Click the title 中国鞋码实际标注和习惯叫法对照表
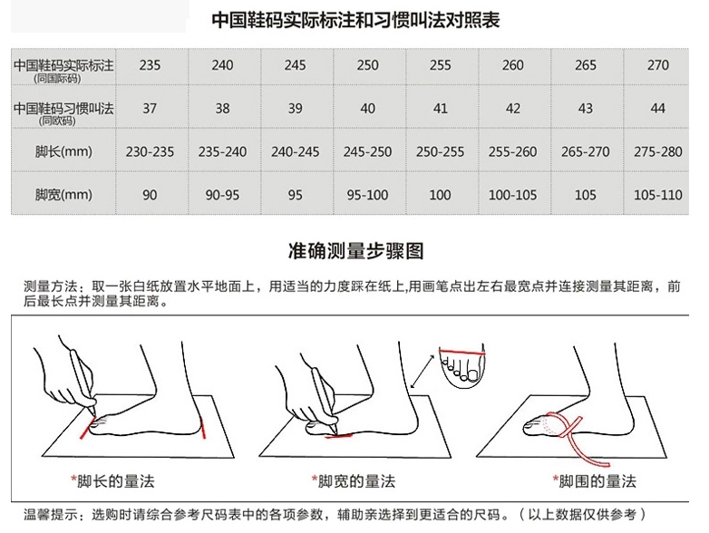coord(355,20)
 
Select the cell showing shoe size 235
coord(150,65)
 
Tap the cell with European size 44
coord(658,109)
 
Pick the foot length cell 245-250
coord(367,152)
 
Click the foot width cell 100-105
coord(512,195)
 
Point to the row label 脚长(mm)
coord(63,151)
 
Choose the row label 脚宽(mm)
coord(63,195)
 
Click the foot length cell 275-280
coord(658,152)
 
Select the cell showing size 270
coord(658,65)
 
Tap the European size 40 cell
coord(367,109)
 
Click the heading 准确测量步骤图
coord(355,251)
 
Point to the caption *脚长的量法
coord(112,481)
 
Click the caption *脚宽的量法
coord(354,481)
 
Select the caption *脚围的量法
coord(595,481)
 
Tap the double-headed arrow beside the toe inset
coord(422,371)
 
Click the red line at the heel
coord(202,428)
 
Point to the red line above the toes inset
coord(462,352)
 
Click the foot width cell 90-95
coord(222,195)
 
